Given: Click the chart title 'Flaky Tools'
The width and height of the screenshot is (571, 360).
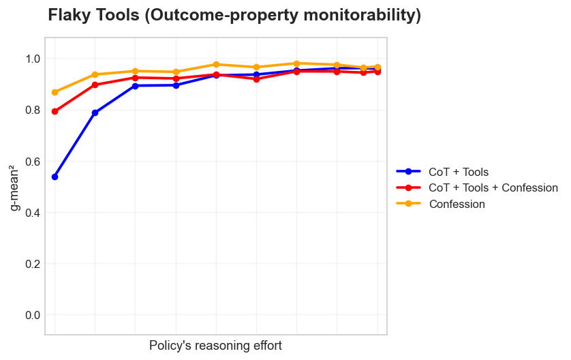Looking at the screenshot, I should pyautogui.click(x=234, y=15).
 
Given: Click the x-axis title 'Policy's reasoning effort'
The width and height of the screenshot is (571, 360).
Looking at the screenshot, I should pyautogui.click(x=215, y=346).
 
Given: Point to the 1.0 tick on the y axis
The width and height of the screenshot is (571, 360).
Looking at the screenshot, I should pyautogui.click(x=32, y=59).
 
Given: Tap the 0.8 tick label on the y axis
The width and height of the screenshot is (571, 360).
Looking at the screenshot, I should pyautogui.click(x=32, y=110).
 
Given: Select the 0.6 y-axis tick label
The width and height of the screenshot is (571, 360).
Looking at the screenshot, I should pyautogui.click(x=32, y=162).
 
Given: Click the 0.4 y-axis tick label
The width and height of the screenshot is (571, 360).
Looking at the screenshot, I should pyautogui.click(x=32, y=213).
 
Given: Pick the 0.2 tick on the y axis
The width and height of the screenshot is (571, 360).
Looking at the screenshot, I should pyautogui.click(x=32, y=264).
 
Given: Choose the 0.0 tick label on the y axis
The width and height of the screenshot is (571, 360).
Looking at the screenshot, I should pyautogui.click(x=32, y=315).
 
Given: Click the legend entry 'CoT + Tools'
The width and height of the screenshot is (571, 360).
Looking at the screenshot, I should pyautogui.click(x=459, y=172).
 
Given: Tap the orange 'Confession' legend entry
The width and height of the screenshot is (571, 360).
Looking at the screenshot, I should pyautogui.click(x=457, y=204).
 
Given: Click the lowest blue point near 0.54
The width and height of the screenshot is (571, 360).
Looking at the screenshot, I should pyautogui.click(x=55, y=177).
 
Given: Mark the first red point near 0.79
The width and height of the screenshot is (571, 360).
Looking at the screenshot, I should pyautogui.click(x=55, y=111).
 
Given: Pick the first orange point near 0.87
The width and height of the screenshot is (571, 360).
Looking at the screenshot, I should pyautogui.click(x=55, y=92).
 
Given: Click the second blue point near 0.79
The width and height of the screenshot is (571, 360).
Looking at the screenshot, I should pyautogui.click(x=95, y=112).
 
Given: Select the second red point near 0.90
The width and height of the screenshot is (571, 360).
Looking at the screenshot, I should pyautogui.click(x=95, y=85).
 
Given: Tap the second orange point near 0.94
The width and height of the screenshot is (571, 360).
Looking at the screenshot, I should pyautogui.click(x=95, y=74).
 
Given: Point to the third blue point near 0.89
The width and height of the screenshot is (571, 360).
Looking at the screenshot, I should pyautogui.click(x=135, y=86).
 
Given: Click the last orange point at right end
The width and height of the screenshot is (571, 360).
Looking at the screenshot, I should pyautogui.click(x=377, y=67).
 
